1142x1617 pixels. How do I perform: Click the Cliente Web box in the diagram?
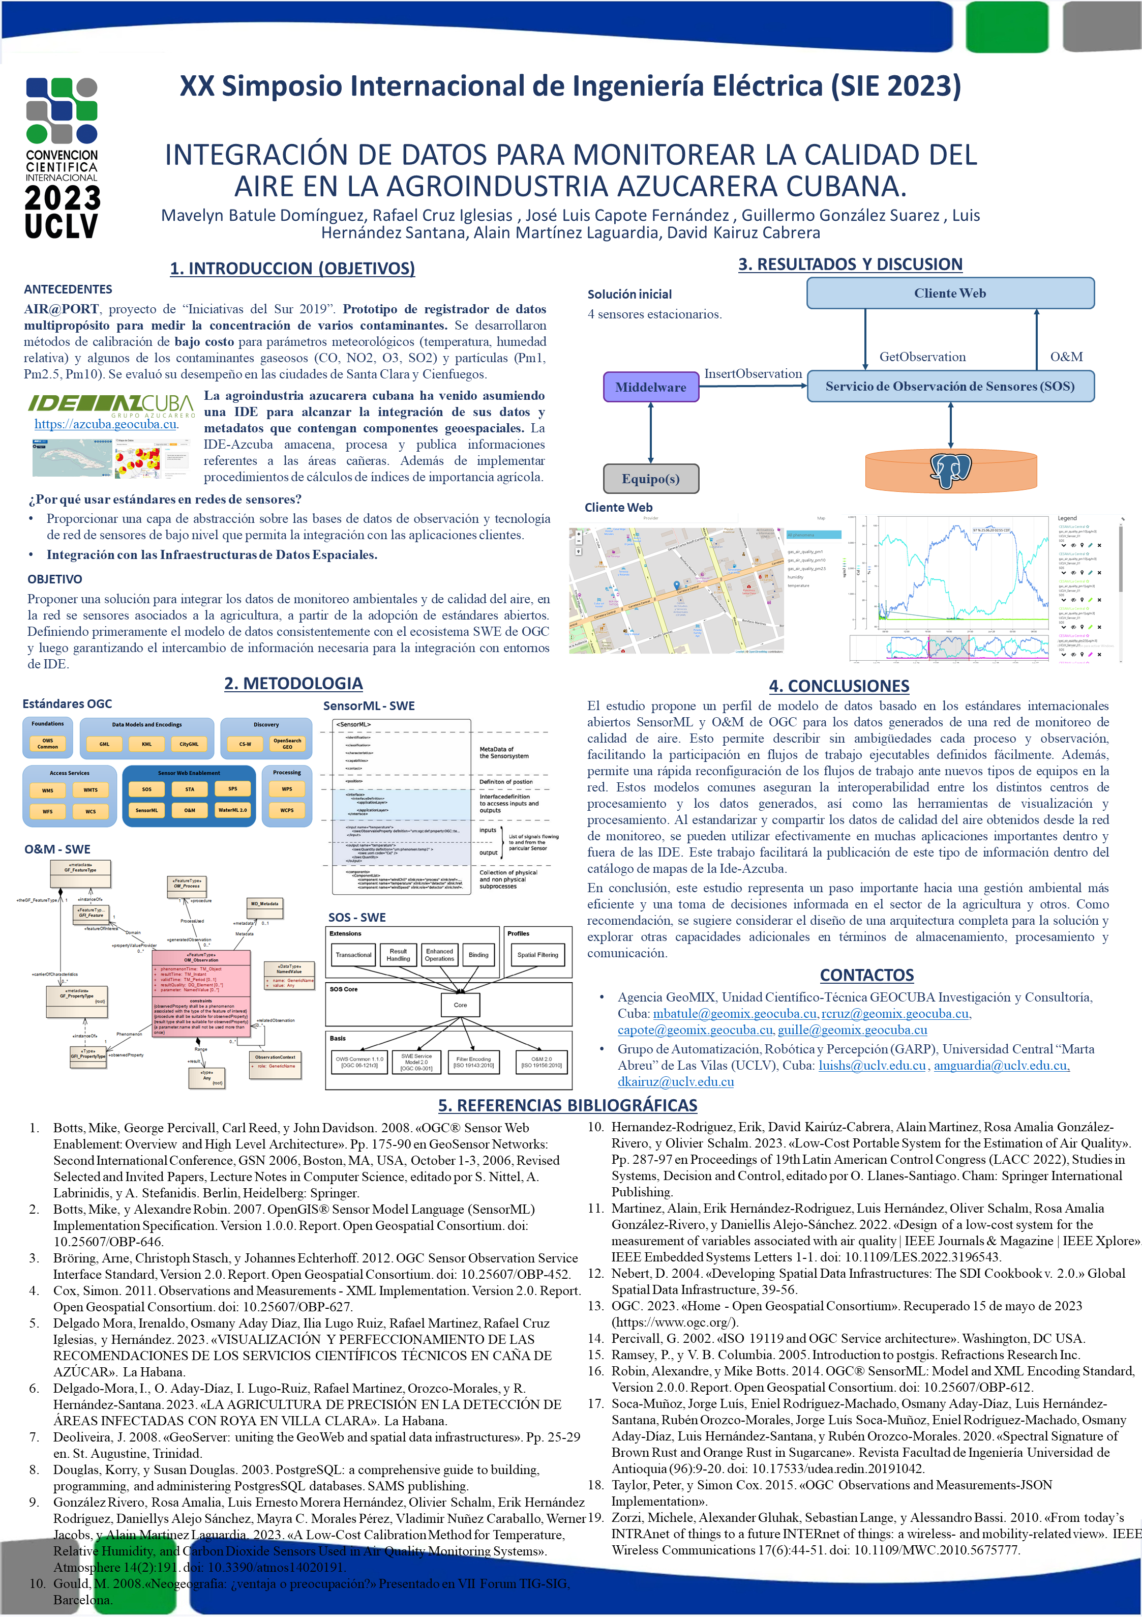[950, 293]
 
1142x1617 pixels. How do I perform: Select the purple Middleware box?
[650, 387]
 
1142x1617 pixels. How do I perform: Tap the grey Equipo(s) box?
[650, 479]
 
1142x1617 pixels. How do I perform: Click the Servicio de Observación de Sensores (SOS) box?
[950, 387]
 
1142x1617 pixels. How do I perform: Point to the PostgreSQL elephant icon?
[950, 470]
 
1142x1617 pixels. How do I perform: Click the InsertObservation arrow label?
[753, 374]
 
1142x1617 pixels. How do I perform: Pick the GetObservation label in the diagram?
[922, 357]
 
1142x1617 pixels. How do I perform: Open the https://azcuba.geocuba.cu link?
[106, 424]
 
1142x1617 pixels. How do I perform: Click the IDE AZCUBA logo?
[110, 403]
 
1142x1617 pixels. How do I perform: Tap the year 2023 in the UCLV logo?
[62, 198]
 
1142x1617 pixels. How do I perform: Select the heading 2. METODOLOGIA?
[293, 683]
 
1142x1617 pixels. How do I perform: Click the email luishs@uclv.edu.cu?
[871, 1066]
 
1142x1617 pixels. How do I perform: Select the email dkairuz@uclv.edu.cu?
[675, 1082]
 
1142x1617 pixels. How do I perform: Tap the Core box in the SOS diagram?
[460, 1005]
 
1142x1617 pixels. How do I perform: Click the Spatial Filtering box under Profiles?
[537, 955]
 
